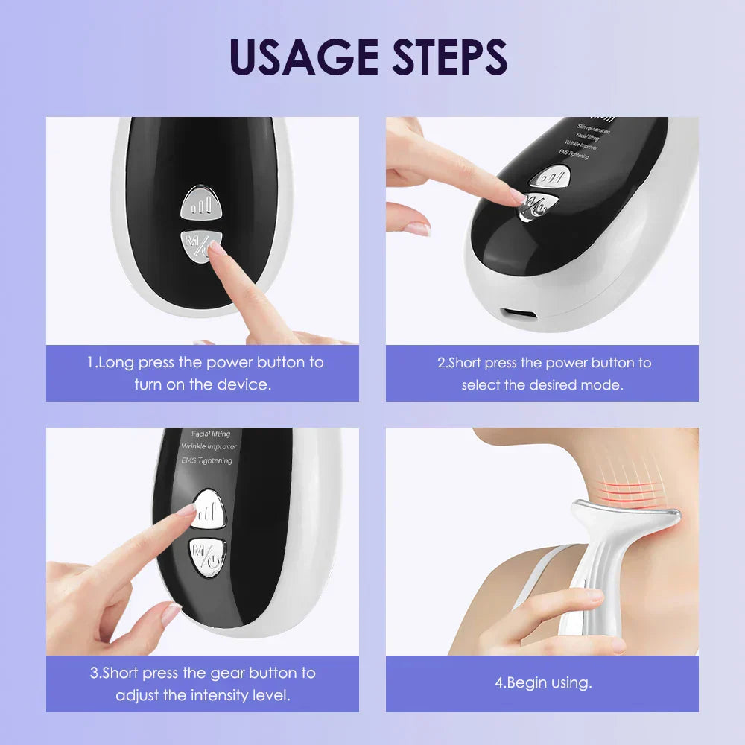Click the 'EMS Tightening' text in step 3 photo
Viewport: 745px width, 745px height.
tap(206, 460)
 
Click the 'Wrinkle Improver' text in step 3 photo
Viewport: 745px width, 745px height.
tap(209, 447)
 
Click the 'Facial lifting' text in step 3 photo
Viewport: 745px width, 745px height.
tap(211, 434)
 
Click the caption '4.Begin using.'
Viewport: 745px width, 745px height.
tap(543, 682)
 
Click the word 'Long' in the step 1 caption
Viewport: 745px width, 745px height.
tap(115, 363)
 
